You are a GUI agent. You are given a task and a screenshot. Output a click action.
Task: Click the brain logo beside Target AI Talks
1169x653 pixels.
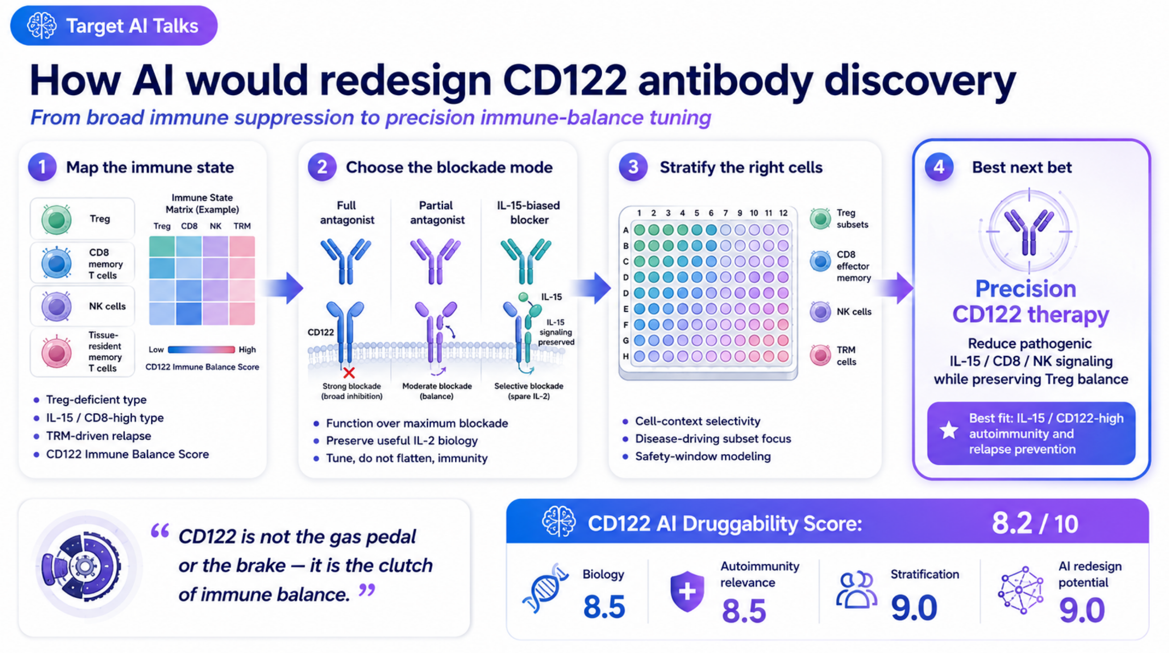(x=42, y=25)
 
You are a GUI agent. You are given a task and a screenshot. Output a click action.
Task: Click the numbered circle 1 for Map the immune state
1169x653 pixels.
(x=42, y=167)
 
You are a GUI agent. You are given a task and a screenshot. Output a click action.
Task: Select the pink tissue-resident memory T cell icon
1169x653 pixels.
(x=56, y=352)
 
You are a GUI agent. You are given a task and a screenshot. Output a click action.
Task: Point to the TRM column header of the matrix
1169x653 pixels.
(x=242, y=226)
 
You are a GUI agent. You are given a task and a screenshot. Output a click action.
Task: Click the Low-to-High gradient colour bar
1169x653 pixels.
(x=201, y=350)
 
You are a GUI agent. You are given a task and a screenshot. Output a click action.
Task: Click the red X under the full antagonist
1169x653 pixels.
(x=349, y=373)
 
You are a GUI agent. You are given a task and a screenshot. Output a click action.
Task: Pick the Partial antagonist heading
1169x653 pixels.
(x=437, y=213)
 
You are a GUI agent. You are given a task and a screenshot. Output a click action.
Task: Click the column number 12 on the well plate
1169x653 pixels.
(x=783, y=213)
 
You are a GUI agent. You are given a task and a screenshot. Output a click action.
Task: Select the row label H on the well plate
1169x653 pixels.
(x=626, y=356)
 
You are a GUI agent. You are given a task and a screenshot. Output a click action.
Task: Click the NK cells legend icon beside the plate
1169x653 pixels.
(x=820, y=312)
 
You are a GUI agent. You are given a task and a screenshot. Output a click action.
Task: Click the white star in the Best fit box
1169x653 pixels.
(x=949, y=430)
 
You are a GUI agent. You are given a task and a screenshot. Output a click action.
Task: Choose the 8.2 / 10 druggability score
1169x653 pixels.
(x=1035, y=523)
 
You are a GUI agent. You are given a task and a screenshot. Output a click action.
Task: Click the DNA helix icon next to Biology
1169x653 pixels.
(x=546, y=589)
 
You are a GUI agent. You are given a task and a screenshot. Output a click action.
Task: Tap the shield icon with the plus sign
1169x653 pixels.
(x=687, y=591)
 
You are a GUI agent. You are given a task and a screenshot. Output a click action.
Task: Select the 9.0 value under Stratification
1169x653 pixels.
(x=914, y=608)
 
